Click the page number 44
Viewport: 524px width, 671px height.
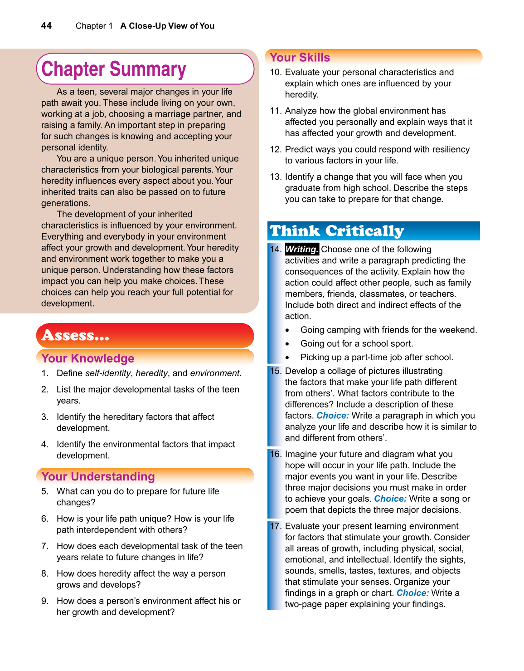pyautogui.click(x=46, y=25)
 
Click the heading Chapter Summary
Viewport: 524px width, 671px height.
pyautogui.click(x=114, y=69)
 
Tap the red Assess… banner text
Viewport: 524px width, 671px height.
pyautogui.click(x=75, y=336)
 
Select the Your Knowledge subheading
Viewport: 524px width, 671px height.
pyautogui.click(x=88, y=358)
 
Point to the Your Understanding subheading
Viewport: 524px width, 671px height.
pyautogui.click(x=98, y=476)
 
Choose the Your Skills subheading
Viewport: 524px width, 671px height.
pyautogui.click(x=300, y=58)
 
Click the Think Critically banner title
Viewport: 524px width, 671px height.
pyautogui.click(x=337, y=231)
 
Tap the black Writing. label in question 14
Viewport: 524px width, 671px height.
pyautogui.click(x=301, y=249)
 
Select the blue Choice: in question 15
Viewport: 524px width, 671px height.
pyautogui.click(x=332, y=416)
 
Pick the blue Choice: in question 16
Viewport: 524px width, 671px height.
pyautogui.click(x=390, y=499)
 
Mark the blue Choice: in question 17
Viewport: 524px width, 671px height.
pyautogui.click(x=412, y=593)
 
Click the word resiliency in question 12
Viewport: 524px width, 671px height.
pyautogui.click(x=446, y=149)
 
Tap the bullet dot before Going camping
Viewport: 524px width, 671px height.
pyautogui.click(x=287, y=330)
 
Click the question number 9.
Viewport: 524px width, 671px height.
pyautogui.click(x=44, y=601)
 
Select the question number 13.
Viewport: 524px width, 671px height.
pyautogui.click(x=276, y=177)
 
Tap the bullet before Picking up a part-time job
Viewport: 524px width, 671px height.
pyautogui.click(x=287, y=358)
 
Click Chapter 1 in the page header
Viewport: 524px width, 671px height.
pyautogui.click(x=94, y=26)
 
